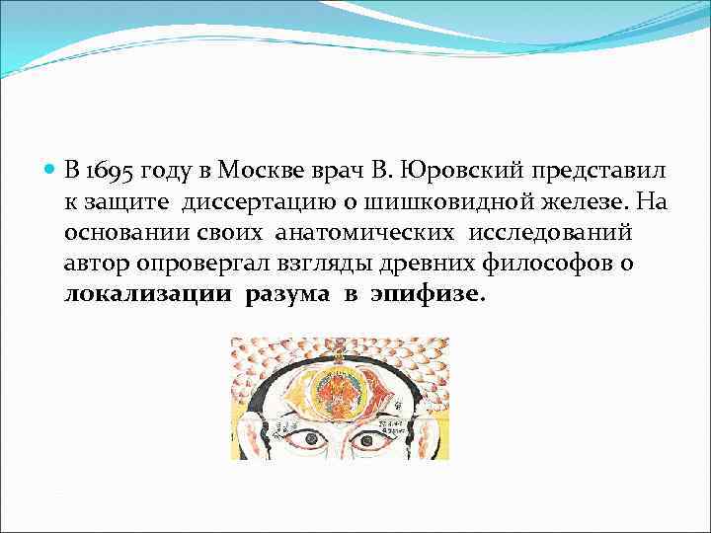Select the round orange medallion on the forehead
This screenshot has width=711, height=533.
point(338,393)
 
